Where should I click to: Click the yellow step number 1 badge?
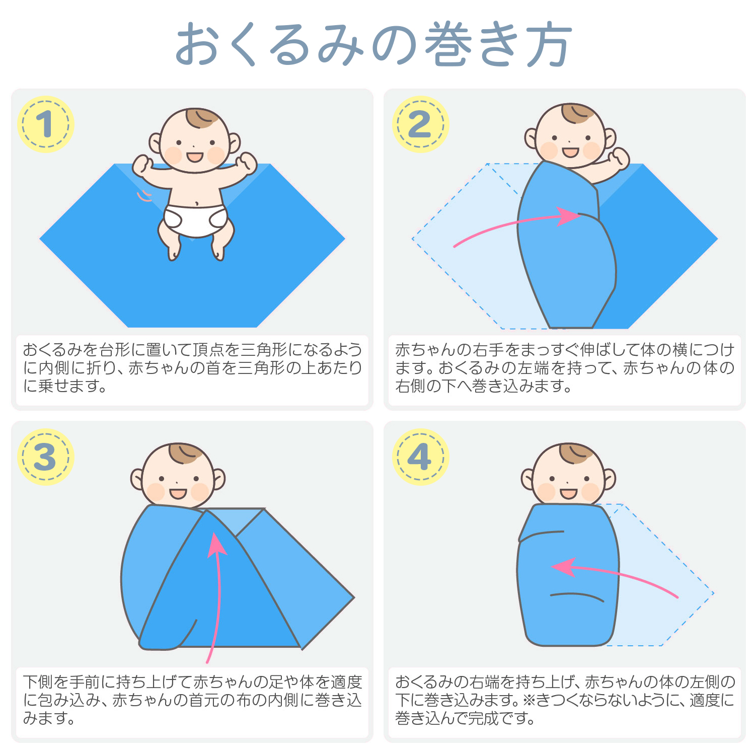pyautogui.click(x=45, y=124)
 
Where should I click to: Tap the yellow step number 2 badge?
pyautogui.click(x=420, y=124)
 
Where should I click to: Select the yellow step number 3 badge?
pyautogui.click(x=45, y=457)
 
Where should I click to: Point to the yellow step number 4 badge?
pyautogui.click(x=420, y=457)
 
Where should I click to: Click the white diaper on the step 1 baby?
pyautogui.click(x=195, y=220)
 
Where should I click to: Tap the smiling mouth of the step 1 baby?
pyautogui.click(x=195, y=157)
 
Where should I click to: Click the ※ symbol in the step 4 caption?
pyautogui.click(x=528, y=700)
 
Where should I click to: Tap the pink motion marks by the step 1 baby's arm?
pyautogui.click(x=144, y=196)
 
